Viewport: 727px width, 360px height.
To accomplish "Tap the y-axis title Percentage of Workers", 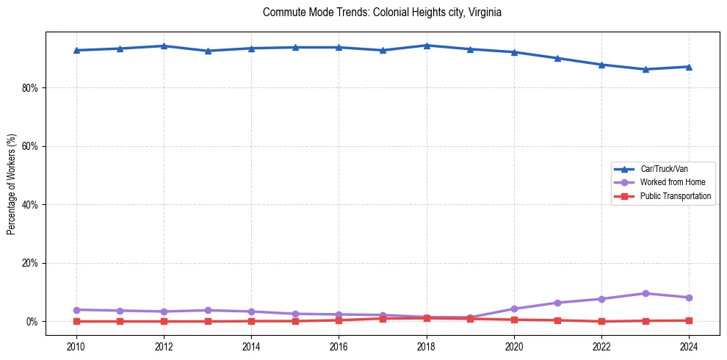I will [x=11, y=184].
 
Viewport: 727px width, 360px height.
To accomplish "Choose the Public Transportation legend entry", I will [x=675, y=196].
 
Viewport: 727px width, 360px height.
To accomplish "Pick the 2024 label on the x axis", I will [x=689, y=346].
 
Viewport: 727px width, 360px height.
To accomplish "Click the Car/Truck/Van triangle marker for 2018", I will [x=427, y=46].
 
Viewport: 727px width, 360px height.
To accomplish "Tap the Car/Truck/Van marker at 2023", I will [x=645, y=69].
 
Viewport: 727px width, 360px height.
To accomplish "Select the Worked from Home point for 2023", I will [x=645, y=293].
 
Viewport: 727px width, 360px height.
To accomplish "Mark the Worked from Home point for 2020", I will [x=514, y=309].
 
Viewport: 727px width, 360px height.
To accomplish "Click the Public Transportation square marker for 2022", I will [x=601, y=321].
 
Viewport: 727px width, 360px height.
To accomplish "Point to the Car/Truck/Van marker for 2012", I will [x=164, y=46].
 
